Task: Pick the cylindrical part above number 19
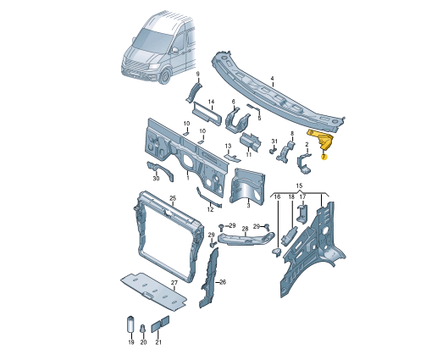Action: [131, 324]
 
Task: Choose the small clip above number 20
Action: [144, 328]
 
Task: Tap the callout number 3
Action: [248, 204]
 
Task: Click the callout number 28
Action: [244, 229]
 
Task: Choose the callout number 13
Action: [228, 147]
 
